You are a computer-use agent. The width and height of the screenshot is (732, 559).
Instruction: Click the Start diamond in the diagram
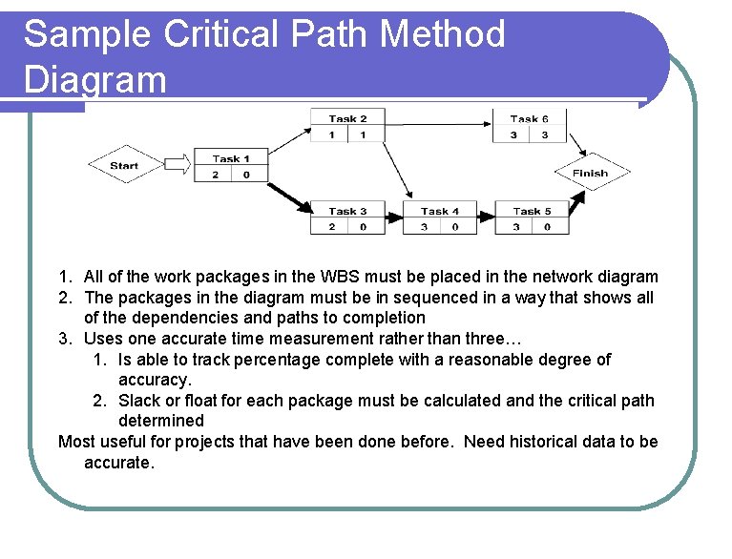point(125,165)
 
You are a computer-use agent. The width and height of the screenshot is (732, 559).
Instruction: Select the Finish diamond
point(591,173)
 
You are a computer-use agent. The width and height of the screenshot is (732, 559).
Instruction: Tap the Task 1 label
point(231,158)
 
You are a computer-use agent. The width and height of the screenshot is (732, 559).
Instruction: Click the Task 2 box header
point(347,119)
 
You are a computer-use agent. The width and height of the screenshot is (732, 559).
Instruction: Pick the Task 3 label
point(347,211)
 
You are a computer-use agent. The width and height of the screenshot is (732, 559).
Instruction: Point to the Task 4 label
point(440,211)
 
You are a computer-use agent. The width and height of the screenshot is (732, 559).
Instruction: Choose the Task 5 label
point(532,211)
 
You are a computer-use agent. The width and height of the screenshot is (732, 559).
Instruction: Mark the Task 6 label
point(529,119)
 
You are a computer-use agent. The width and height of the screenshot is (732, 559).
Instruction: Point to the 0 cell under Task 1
point(247,175)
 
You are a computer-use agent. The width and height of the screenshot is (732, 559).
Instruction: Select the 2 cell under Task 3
point(331,227)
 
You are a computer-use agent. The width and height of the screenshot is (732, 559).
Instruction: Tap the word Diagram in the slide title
point(94,79)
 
